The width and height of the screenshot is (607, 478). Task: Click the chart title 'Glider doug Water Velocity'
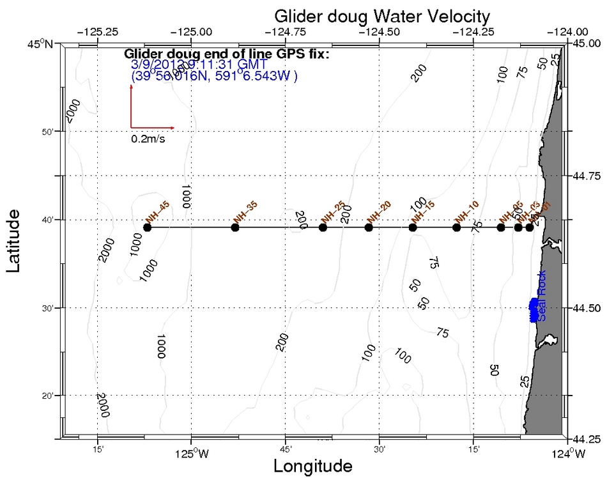coord(382,16)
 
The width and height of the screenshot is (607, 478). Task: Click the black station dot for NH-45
coord(148,227)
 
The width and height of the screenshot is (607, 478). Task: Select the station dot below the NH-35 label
coord(235,227)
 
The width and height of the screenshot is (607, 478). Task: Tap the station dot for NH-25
coord(323,227)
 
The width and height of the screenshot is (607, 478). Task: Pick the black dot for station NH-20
coord(369,227)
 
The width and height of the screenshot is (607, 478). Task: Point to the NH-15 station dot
coord(413,227)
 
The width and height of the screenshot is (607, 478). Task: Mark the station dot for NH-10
coord(457,227)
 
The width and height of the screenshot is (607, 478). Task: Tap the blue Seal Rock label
coord(542,297)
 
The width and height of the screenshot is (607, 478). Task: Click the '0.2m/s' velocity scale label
coord(148,139)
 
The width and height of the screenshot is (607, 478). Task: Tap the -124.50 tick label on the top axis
coord(380,31)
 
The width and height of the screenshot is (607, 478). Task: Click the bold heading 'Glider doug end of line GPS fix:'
coord(227,54)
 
